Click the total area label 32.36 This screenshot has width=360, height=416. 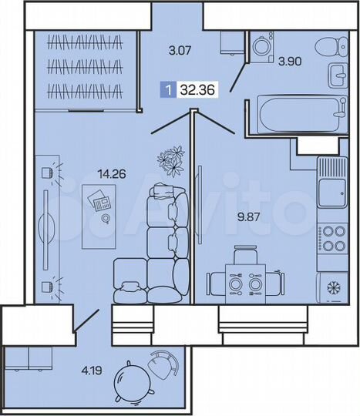(x=197, y=89)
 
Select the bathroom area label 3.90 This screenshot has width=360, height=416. (x=290, y=61)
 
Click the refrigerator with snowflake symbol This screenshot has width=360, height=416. (x=334, y=287)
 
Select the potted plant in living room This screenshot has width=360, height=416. (x=172, y=159)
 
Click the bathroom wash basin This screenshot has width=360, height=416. (x=338, y=75)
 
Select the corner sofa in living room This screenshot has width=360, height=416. (x=154, y=247)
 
